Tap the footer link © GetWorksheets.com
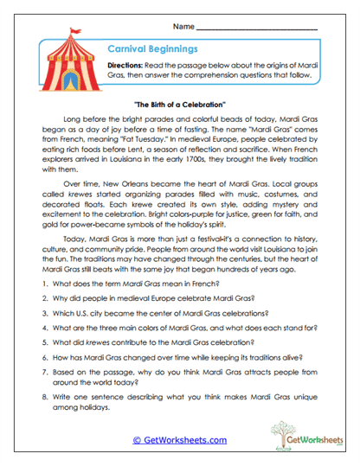click(x=179, y=439)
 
